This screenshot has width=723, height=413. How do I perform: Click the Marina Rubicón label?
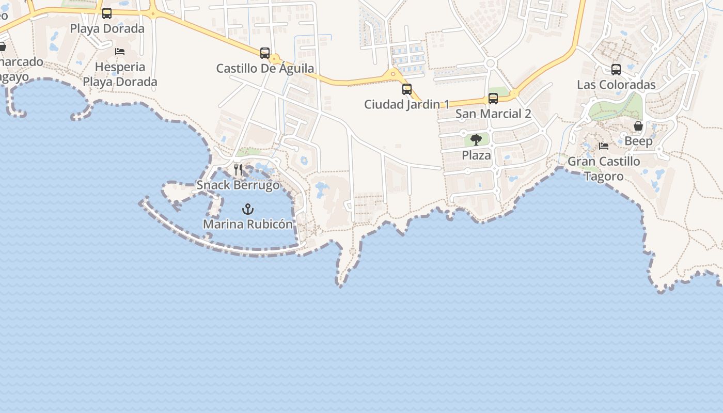pyautogui.click(x=247, y=225)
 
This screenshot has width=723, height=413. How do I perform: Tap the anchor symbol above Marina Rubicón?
pyautogui.click(x=248, y=209)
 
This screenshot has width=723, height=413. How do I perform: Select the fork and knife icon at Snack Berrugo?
pyautogui.click(x=238, y=169)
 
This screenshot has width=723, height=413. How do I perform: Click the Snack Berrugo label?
pyautogui.click(x=238, y=185)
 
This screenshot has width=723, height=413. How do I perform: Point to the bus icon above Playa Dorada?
pyautogui.click(x=107, y=13)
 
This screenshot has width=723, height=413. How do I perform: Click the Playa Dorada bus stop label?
pyautogui.click(x=107, y=28)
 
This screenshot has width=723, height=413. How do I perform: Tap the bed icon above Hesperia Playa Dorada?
pyautogui.click(x=120, y=52)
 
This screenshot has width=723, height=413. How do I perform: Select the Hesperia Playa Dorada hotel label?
pyautogui.click(x=120, y=74)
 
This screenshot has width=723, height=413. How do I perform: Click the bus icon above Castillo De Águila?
pyautogui.click(x=265, y=53)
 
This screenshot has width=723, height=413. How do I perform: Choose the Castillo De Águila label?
pyautogui.click(x=265, y=68)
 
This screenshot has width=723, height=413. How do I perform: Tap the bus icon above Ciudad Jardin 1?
pyautogui.click(x=407, y=89)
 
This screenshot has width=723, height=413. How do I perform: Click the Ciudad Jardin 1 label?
pyautogui.click(x=407, y=104)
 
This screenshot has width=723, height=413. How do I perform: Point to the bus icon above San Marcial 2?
pyautogui.click(x=493, y=99)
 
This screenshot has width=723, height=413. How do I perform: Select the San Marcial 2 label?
pyautogui.click(x=493, y=114)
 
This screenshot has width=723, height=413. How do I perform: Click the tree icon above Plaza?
pyautogui.click(x=476, y=140)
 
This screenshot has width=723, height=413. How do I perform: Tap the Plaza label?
pyautogui.click(x=476, y=155)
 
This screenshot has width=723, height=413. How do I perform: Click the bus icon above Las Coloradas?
pyautogui.click(x=616, y=70)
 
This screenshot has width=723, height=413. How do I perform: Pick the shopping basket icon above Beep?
pyautogui.click(x=638, y=126)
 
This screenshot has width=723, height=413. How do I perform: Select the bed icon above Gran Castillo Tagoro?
pyautogui.click(x=604, y=146)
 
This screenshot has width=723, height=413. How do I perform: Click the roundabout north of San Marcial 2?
pyautogui.click(x=491, y=63)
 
